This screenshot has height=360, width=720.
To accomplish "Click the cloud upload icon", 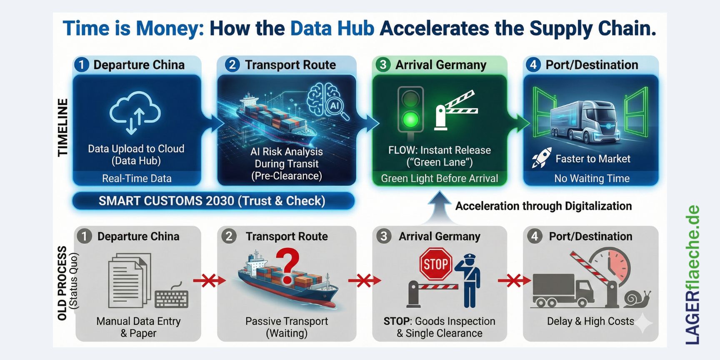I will pos(135,112).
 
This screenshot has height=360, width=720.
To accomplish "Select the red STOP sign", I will pos(436,264).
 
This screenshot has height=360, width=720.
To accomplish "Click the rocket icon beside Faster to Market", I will pos(541,158).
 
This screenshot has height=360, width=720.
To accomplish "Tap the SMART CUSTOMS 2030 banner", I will pos(212,201).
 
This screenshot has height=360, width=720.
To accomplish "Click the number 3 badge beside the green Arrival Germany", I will pos(383,65).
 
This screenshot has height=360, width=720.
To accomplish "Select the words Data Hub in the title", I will pos(332,28).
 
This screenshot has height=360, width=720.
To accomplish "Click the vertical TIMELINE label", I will pos(62,127).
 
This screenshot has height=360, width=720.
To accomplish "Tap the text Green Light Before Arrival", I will pos(439,178).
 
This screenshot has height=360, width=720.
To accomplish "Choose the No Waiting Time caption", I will pos(592,178).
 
